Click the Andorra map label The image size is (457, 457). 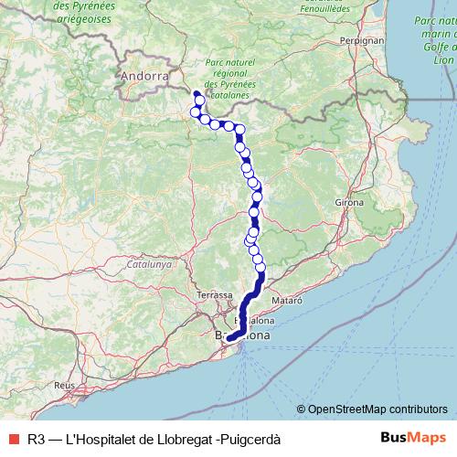tap(145, 77)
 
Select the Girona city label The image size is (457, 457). tap(349, 201)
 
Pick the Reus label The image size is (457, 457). tap(63, 386)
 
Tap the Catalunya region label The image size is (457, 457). tap(150, 263)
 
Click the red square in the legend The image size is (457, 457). tap(14, 439)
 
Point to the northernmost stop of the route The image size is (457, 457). tap(196, 93)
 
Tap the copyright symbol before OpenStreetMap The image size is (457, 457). tap(301, 409)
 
